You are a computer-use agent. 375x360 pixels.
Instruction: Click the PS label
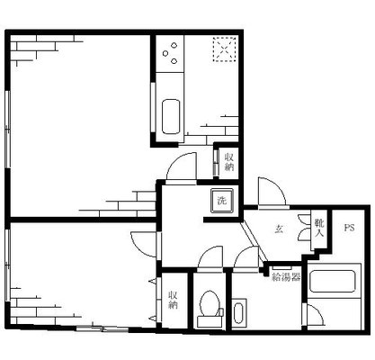pyautogui.click(x=348, y=228)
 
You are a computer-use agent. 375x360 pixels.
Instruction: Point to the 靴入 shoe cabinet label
pyautogui.click(x=319, y=228)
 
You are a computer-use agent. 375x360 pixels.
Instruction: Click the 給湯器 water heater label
pyautogui.click(x=286, y=276)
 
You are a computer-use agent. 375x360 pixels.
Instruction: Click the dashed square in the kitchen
pyautogui.click(x=223, y=49)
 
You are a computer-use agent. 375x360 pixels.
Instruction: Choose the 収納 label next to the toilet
pyautogui.click(x=174, y=300)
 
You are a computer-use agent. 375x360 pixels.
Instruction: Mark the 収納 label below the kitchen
pyautogui.click(x=229, y=161)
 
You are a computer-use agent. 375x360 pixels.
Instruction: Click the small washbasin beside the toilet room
pyautogui.click(x=238, y=314)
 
